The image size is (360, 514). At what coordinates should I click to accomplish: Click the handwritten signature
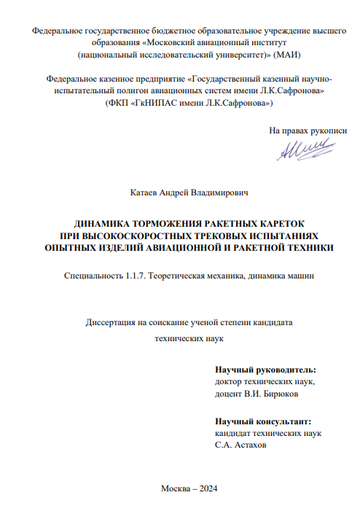point(300,149)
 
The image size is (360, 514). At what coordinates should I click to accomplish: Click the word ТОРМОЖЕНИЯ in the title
point(156,223)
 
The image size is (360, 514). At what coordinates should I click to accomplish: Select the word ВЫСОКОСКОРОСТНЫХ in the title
point(141,235)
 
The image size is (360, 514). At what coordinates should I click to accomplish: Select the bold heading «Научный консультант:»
point(262,421)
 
